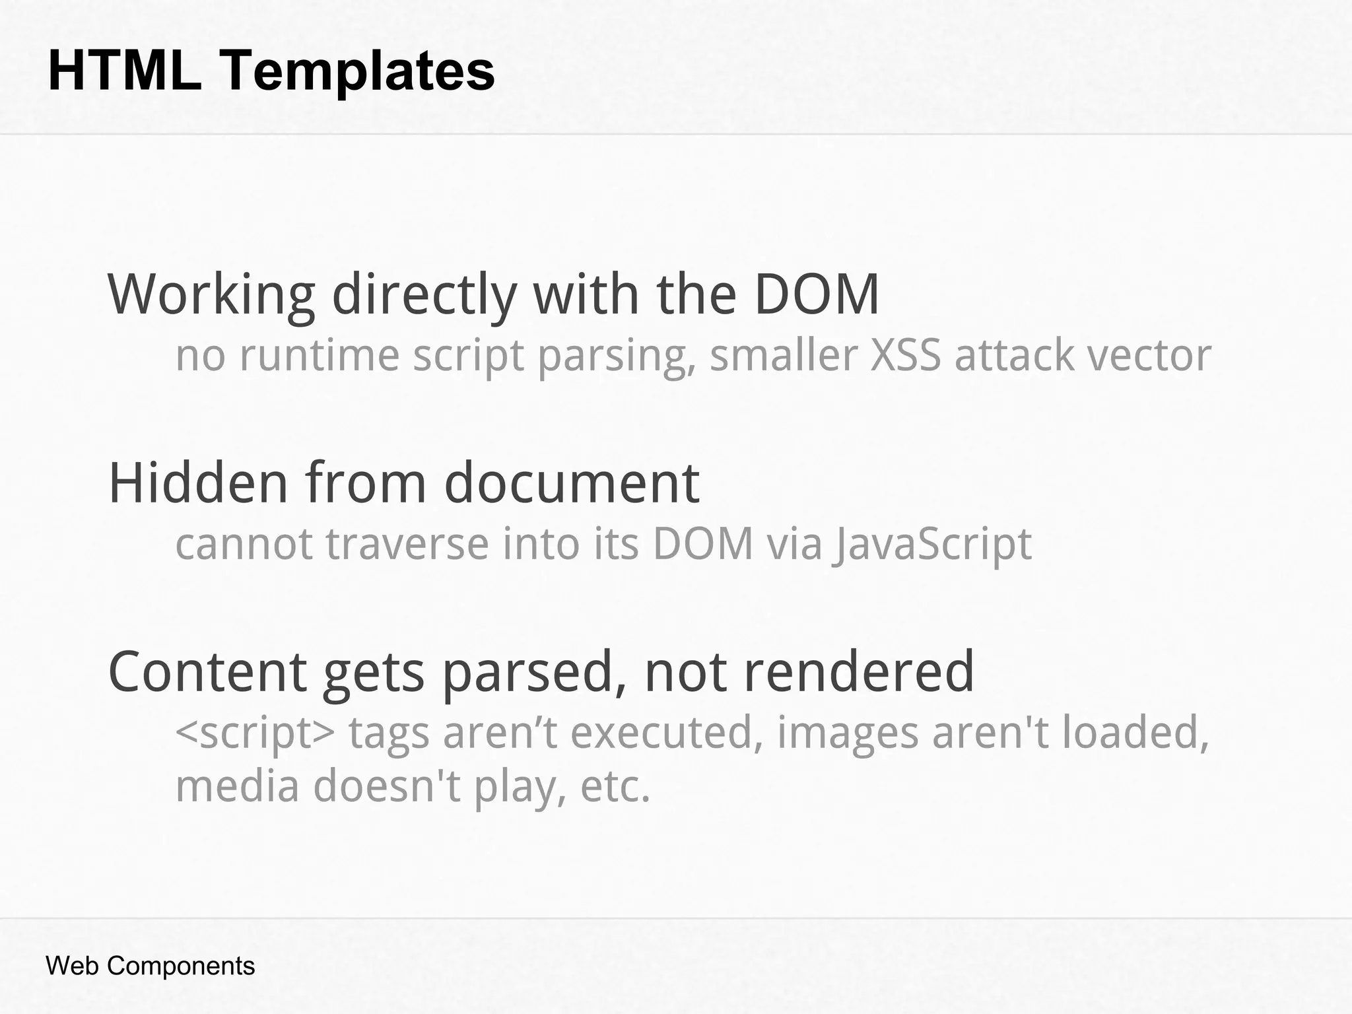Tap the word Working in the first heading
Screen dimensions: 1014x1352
coord(211,294)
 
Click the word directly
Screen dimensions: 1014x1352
coord(424,294)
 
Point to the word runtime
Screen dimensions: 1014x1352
coord(320,355)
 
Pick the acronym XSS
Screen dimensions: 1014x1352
coord(905,355)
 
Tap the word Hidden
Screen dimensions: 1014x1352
coord(198,483)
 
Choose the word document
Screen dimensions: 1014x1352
coord(572,483)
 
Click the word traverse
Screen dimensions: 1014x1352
coord(407,544)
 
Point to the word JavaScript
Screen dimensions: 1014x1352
coord(931,545)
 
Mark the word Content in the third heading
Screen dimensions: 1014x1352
coord(207,671)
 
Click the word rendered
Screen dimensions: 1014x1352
coord(859,671)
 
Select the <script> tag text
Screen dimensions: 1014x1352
coord(255,733)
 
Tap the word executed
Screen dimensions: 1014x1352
coord(662,733)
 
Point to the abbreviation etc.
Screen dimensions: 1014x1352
coord(615,787)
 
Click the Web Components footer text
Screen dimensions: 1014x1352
coord(150,966)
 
